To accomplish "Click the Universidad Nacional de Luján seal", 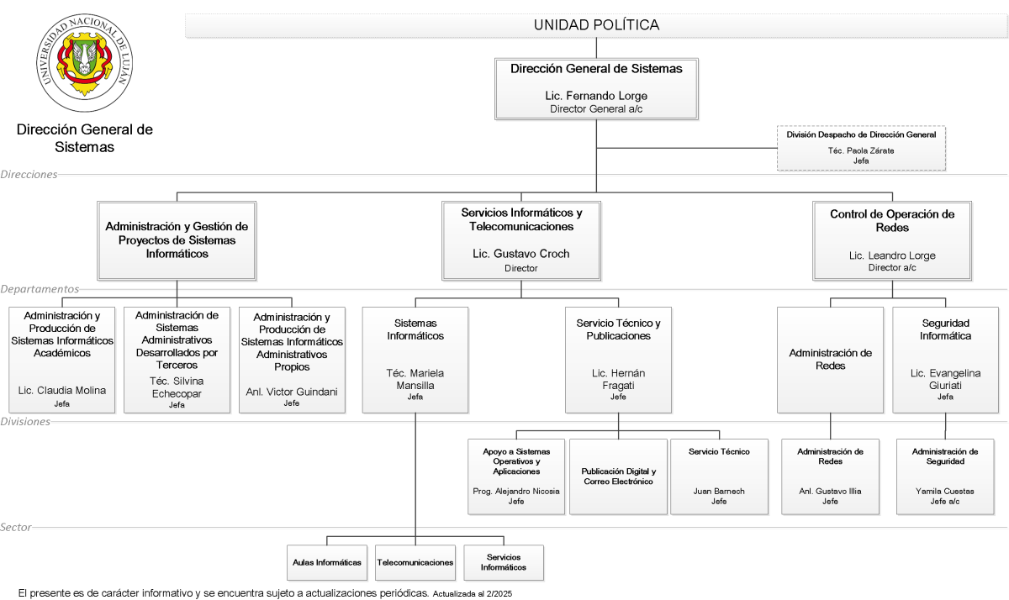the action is point(84,62).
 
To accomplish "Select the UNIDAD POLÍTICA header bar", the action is point(596,25).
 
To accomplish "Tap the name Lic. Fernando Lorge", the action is point(596,96).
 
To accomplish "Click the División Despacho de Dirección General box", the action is point(861,148).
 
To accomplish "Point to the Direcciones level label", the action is point(29,174).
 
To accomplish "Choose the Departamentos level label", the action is point(40,288).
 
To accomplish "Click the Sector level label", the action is point(16,527).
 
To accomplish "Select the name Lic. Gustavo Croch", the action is point(520,254).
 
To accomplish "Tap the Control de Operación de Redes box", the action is point(892,241).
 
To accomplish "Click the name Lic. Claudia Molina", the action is point(61,390).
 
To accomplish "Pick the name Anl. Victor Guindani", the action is point(292,392).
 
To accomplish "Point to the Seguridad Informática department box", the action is point(945,360).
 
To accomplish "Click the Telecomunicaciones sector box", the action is point(415,563).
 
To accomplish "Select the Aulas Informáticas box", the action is point(326,563).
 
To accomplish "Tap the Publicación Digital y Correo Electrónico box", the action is point(618,476).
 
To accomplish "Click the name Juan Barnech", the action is point(719,491).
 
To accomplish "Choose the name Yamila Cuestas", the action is point(944,491).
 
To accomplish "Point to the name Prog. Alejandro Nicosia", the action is point(516,491).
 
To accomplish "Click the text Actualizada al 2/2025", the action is point(472,594).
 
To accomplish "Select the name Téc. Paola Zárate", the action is point(861,150).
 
